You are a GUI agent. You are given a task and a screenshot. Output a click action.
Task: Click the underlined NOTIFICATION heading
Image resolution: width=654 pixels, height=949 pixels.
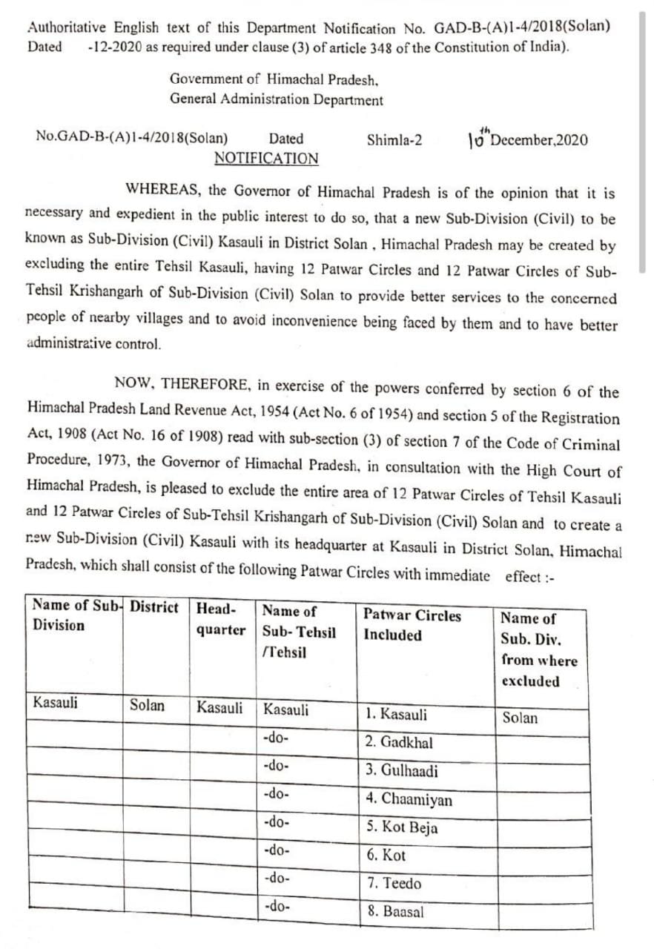(x=266, y=159)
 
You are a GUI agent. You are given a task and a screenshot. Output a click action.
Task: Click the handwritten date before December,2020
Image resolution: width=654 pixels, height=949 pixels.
(x=480, y=138)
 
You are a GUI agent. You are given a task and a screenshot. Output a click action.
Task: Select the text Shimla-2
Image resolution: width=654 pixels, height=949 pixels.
(x=394, y=139)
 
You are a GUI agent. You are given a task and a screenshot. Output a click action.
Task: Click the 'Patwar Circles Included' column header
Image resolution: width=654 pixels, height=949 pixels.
(x=412, y=625)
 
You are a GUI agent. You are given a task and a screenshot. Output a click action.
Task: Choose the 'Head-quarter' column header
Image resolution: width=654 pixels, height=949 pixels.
(x=220, y=619)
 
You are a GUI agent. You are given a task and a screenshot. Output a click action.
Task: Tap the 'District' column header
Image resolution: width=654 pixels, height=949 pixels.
(x=154, y=607)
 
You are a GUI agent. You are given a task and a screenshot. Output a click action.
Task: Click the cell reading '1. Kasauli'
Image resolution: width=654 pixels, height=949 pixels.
(x=396, y=715)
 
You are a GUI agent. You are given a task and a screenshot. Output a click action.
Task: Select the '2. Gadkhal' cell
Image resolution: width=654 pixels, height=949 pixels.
(x=399, y=743)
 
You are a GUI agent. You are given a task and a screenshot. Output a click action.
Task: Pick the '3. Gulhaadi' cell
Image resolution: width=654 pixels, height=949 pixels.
(x=402, y=771)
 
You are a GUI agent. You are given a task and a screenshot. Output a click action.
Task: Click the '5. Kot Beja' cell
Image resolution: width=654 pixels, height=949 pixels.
(x=401, y=827)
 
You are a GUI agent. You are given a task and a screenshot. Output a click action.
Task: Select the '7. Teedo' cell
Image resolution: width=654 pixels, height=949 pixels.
(x=394, y=884)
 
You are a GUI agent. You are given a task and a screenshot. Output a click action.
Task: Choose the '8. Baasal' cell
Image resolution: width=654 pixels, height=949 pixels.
(x=395, y=912)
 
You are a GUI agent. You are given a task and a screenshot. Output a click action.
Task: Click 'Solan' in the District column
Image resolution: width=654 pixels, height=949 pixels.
(x=148, y=705)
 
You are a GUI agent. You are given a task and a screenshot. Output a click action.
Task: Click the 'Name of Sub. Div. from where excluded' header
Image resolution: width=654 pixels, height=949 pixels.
(x=538, y=649)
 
